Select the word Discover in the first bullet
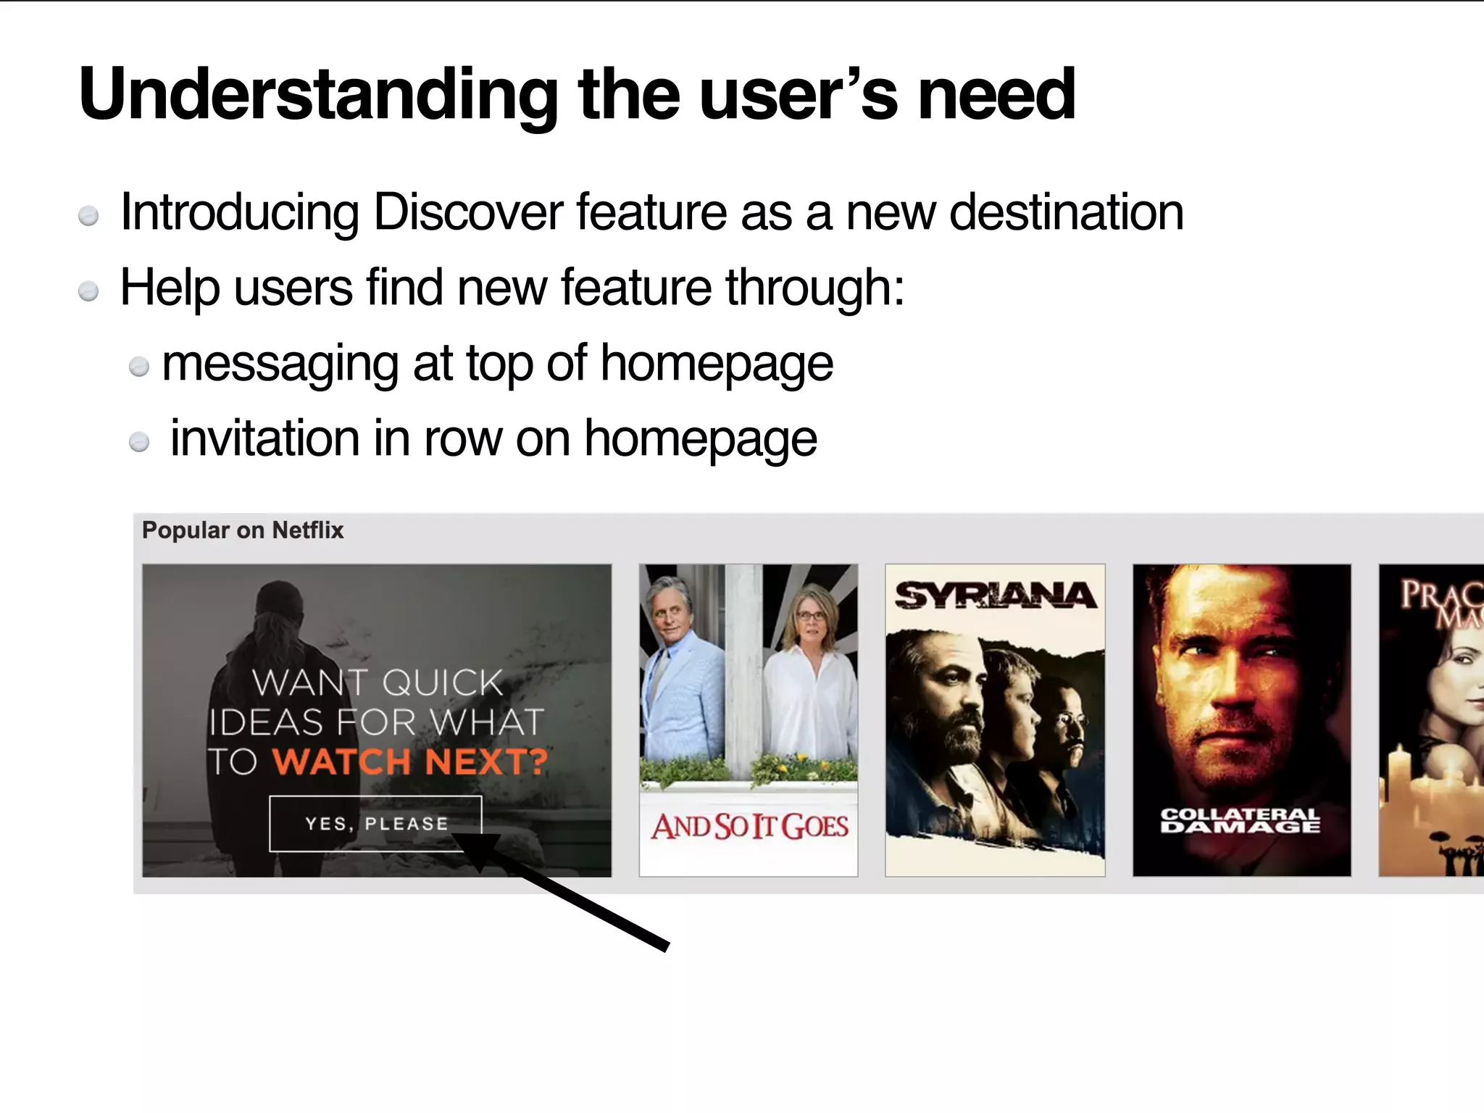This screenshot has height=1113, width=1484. point(467,212)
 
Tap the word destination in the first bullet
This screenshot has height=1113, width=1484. point(1066,212)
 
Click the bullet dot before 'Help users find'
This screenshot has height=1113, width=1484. point(88,291)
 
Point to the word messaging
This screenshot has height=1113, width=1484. point(280,364)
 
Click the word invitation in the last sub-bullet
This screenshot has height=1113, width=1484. point(264,438)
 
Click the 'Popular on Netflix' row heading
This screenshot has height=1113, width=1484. point(243,530)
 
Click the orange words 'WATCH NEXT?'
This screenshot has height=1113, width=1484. point(410,762)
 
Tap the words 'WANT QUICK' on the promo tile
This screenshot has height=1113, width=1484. point(377,683)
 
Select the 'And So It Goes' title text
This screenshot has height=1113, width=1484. point(749,826)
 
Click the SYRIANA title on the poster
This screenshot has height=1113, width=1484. point(995,596)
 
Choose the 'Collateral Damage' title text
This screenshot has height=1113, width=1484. point(1241,821)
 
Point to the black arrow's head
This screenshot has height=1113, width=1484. point(475,848)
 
